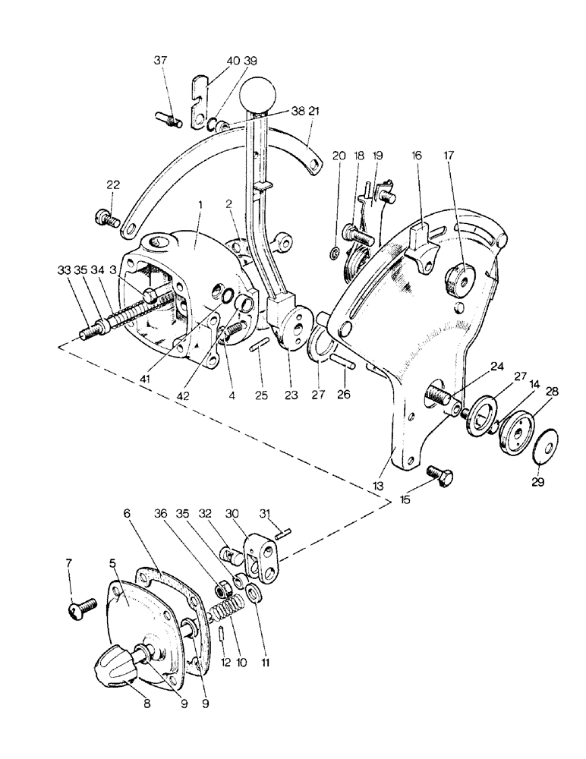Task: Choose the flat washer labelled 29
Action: [543, 443]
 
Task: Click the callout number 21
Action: [312, 111]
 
